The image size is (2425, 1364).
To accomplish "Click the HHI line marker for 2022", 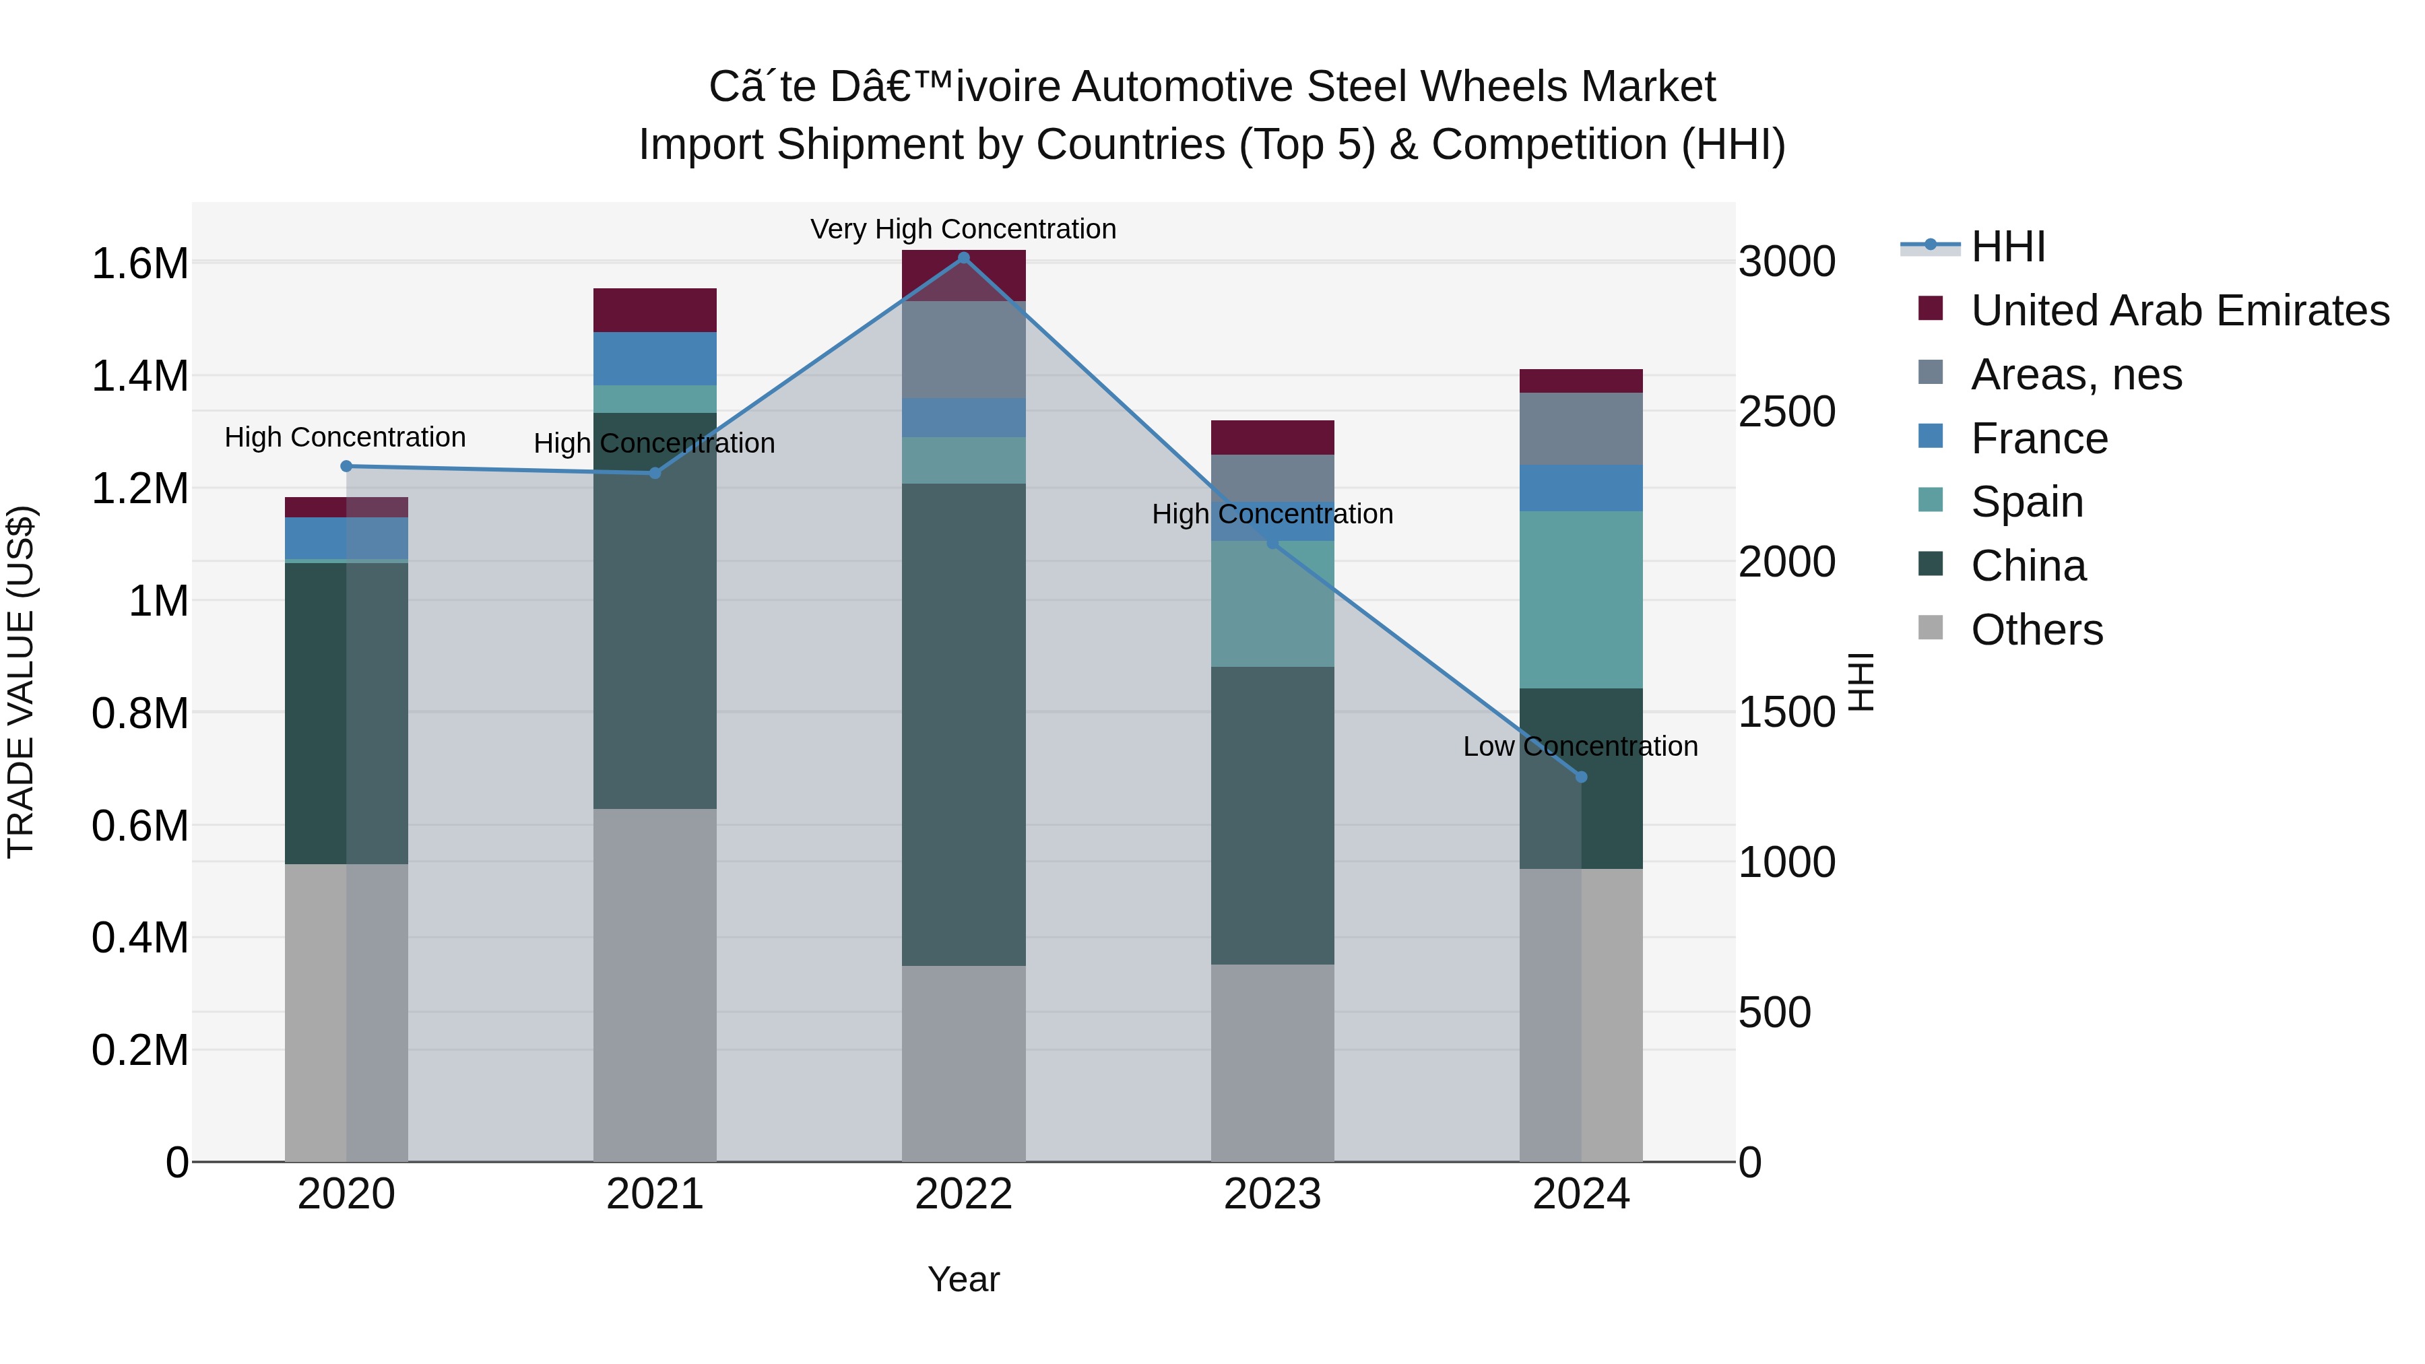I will (x=963, y=258).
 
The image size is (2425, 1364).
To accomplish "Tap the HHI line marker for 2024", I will (x=1580, y=777).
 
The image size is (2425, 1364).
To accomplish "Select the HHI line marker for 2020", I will (x=346, y=466).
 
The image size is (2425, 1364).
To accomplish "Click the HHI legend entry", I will (x=2007, y=247).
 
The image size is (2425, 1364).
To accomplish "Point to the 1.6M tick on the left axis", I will (x=139, y=263).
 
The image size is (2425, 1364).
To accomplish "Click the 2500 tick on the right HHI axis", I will (x=1786, y=412).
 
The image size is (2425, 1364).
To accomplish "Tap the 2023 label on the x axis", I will (x=1272, y=1194).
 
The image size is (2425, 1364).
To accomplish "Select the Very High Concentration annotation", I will (x=963, y=229).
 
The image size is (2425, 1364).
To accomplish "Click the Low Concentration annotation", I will (x=1580, y=746).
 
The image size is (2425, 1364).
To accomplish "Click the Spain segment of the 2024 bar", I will (x=1580, y=599).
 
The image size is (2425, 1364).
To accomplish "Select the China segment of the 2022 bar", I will (x=963, y=725).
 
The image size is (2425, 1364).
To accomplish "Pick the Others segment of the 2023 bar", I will (x=1272, y=1063).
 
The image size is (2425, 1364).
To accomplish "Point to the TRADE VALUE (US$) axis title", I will (x=21, y=682).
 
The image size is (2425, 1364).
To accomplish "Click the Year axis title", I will (x=963, y=1279).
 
